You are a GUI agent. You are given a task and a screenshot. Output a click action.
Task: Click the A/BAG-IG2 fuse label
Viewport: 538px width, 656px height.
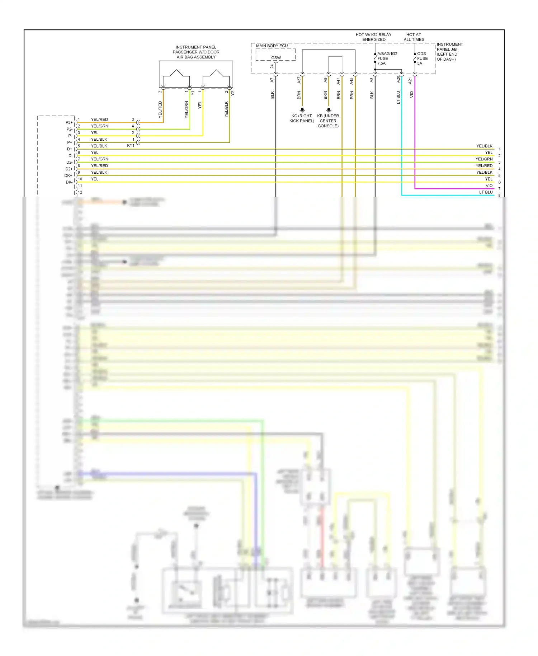(387, 58)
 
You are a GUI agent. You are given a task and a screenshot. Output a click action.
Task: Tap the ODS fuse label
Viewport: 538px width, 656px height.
(422, 58)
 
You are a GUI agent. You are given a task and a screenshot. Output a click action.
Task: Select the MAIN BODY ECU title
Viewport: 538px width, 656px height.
(272, 46)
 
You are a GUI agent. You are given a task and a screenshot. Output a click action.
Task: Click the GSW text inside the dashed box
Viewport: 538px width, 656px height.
(276, 58)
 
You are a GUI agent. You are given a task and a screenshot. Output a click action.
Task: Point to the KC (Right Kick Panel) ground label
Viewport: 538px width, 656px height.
(302, 118)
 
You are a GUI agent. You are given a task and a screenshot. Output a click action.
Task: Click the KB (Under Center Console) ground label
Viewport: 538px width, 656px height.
(328, 121)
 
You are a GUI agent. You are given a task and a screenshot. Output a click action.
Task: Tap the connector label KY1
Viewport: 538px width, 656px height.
(131, 146)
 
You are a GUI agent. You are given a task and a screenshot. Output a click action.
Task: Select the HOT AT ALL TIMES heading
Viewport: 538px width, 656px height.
(414, 37)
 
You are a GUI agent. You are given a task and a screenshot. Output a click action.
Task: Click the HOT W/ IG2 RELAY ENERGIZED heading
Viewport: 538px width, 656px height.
(374, 37)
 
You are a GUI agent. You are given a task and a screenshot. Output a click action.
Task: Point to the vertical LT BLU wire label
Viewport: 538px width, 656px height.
(398, 98)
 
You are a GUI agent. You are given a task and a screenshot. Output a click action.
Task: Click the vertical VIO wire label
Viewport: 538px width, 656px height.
(412, 95)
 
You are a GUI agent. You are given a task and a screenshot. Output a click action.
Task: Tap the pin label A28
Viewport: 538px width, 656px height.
(398, 80)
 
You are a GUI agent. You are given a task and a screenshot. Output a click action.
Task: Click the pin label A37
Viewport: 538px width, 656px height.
(299, 80)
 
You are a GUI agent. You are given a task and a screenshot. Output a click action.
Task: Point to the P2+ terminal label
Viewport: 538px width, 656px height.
(69, 123)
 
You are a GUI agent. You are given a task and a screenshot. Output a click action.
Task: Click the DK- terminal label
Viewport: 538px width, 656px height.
(69, 182)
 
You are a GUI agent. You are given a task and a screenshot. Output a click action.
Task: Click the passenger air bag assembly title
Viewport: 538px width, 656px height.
(196, 52)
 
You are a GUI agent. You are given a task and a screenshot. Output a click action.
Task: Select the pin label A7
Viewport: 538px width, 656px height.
(272, 80)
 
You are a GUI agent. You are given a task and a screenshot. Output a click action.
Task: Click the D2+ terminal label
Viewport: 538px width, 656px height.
(69, 169)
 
